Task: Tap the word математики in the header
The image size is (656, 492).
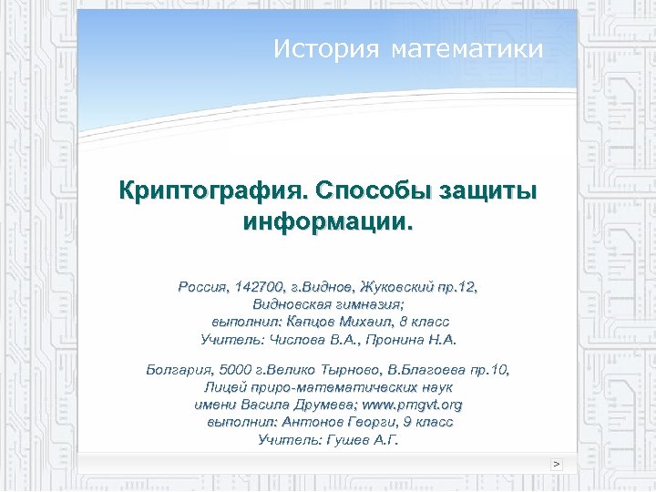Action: (466, 49)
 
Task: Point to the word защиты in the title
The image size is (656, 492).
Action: (488, 192)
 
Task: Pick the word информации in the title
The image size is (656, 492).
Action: (325, 221)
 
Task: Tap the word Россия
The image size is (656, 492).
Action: (203, 287)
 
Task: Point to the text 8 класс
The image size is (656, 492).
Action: (424, 322)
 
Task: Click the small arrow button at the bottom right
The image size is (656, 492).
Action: (557, 464)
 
